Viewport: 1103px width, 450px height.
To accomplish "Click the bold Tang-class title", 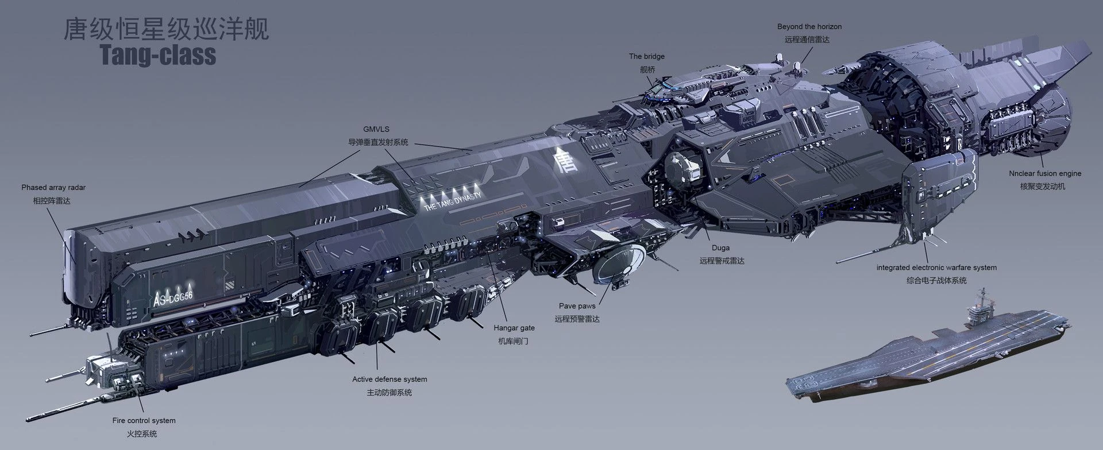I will (x=158, y=55).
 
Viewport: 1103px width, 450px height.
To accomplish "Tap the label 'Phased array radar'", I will (x=53, y=188).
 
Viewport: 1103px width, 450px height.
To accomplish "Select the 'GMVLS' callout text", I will (x=376, y=130).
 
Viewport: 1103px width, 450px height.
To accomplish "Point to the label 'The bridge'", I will (x=647, y=56).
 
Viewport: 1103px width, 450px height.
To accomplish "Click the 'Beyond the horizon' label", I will (x=809, y=26).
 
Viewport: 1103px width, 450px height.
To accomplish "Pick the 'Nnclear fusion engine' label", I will (x=1045, y=173).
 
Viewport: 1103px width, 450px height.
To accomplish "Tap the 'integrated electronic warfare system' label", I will (x=936, y=267).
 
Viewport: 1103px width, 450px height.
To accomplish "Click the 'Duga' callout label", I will (x=720, y=248).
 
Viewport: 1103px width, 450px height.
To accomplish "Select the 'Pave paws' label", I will (x=577, y=306).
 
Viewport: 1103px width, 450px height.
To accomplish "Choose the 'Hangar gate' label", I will (x=514, y=328).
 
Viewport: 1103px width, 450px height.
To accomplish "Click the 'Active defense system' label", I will (x=389, y=379).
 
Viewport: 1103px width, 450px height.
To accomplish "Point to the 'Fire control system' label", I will (x=144, y=421).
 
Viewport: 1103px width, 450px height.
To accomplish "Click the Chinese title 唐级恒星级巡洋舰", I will (x=167, y=29).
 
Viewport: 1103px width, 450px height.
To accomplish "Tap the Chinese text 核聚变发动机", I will (x=1043, y=187).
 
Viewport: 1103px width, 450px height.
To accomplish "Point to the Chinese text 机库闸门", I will (x=513, y=342).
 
